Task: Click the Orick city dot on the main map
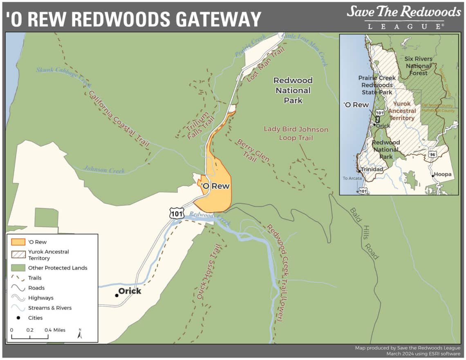click(116, 295)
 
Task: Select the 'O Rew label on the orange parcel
click(215, 186)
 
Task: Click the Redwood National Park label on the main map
click(293, 90)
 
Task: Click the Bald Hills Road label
click(363, 233)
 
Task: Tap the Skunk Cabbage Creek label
click(63, 76)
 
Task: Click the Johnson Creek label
click(104, 169)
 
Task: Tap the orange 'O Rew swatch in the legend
click(18, 242)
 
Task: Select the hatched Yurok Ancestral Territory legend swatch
click(18, 255)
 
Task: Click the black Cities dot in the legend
click(18, 318)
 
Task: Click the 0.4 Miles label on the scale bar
click(55, 330)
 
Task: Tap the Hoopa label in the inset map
click(443, 174)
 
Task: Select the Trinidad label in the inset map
click(372, 169)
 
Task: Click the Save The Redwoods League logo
click(403, 17)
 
